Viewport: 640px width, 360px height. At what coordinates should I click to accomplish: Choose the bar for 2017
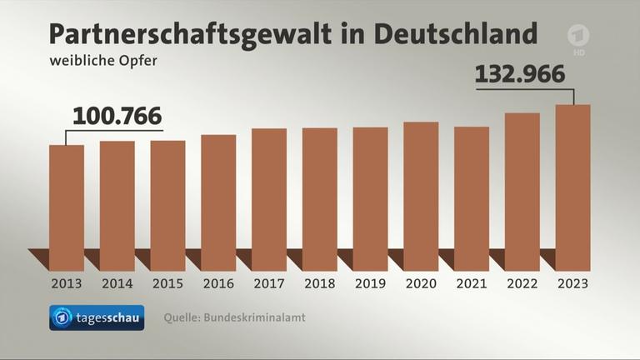click(x=269, y=199)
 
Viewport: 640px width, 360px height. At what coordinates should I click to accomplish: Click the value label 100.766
click(x=117, y=117)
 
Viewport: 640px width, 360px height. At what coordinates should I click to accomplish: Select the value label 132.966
click(x=520, y=73)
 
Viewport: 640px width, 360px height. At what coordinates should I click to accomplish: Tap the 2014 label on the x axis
click(x=117, y=283)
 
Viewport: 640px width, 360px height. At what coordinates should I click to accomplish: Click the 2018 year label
click(x=319, y=283)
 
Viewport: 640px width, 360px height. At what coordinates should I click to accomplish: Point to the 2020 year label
click(x=421, y=283)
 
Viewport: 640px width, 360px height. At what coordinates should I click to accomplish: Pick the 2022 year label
click(x=522, y=283)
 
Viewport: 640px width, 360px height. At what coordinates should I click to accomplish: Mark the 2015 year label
click(x=168, y=283)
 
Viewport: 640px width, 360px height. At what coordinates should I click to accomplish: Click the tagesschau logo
click(x=97, y=317)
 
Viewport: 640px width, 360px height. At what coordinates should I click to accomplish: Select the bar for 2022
click(x=522, y=192)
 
